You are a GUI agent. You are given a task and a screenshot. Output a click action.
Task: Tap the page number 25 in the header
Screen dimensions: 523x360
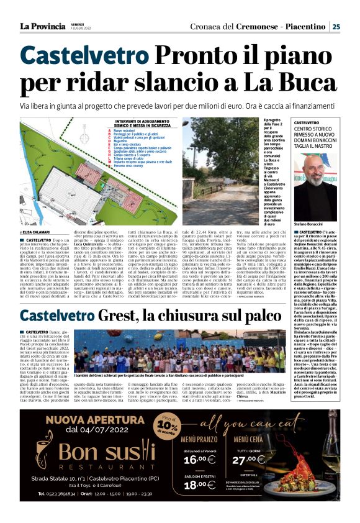click(x=336, y=27)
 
